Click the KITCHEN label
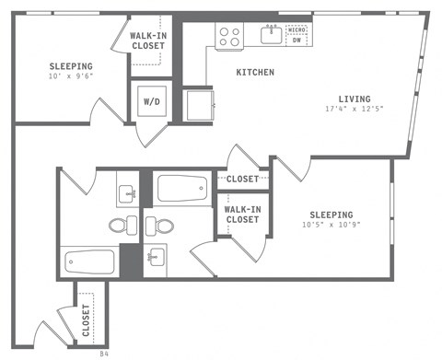pos(255,72)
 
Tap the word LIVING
pos(354,99)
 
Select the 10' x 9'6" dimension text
pos(71,77)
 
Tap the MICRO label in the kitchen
pos(297,30)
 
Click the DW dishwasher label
pos(297,41)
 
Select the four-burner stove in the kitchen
pos(228,36)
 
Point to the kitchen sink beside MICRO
pos(271,35)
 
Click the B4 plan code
pos(104,352)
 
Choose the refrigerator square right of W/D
pos(198,103)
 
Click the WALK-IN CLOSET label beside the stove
pos(148,41)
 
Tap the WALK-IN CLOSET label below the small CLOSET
pos(242,215)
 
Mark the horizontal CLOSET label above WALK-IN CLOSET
pos(242,180)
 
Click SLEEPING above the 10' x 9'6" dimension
pos(71,66)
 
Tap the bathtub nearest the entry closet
pos(88,261)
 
